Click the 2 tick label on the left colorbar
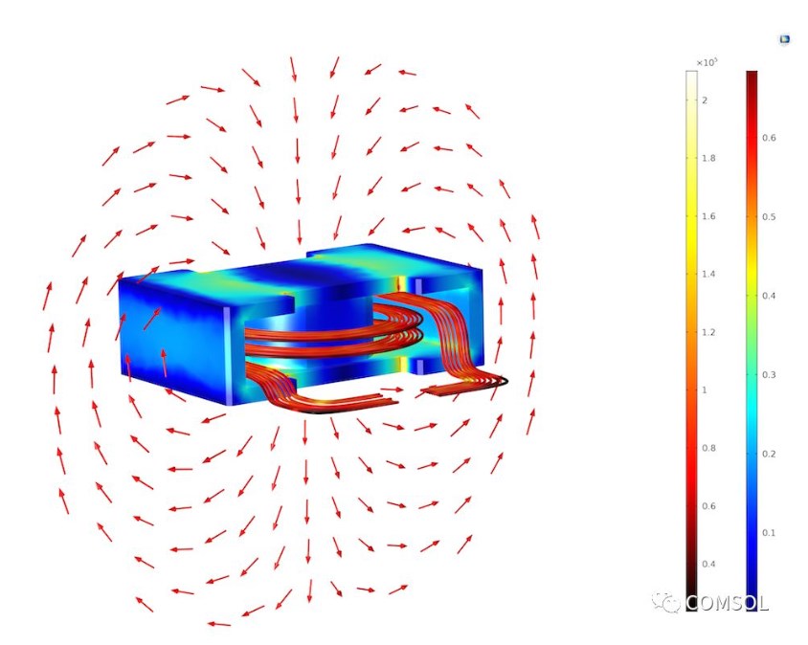tap(705, 100)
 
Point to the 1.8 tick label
tap(708, 158)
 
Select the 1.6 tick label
tap(708, 216)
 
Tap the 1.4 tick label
tap(708, 274)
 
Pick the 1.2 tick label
tap(708, 332)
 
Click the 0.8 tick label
tap(708, 448)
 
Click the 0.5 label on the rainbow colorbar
tap(769, 217)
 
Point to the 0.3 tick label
tap(769, 375)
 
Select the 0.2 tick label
tap(769, 454)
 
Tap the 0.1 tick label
tap(769, 533)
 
